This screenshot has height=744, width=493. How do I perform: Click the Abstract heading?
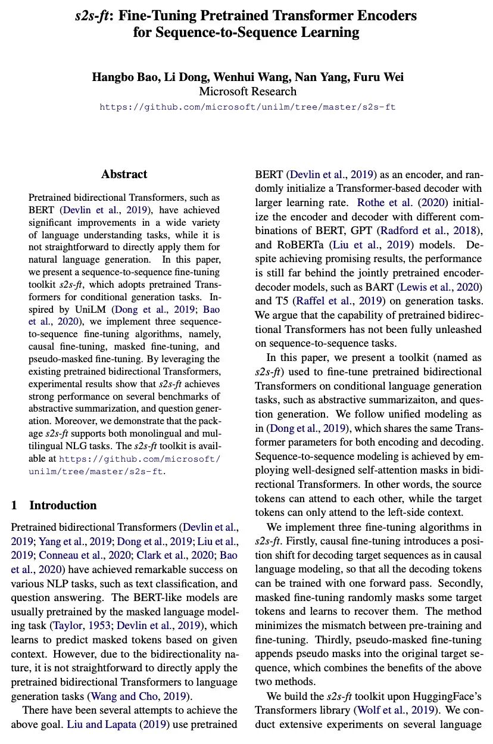pyautogui.click(x=124, y=175)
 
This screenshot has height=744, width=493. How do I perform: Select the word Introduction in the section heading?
pyautogui.click(x=63, y=506)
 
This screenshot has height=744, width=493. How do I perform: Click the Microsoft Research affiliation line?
pyautogui.click(x=247, y=92)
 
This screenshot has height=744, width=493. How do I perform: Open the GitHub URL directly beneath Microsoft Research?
pyautogui.click(x=247, y=107)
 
